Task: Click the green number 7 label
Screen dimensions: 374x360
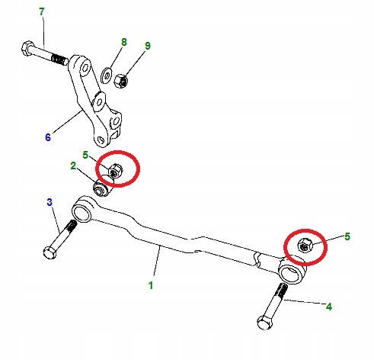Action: click(x=42, y=11)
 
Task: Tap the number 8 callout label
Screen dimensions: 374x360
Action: click(x=124, y=42)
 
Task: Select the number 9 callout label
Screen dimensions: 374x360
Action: click(x=148, y=46)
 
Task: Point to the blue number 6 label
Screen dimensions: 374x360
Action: click(x=48, y=137)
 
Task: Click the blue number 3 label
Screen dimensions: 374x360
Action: click(x=50, y=202)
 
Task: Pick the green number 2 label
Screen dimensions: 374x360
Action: click(x=73, y=166)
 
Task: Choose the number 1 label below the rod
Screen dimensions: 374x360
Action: click(x=151, y=285)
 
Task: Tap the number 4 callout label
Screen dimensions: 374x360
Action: click(x=329, y=307)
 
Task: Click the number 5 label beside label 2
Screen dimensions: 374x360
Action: click(x=85, y=155)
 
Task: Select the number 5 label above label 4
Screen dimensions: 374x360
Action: click(x=347, y=236)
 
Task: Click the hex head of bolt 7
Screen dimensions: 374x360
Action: click(x=27, y=48)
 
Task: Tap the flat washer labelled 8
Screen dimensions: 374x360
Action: click(x=106, y=76)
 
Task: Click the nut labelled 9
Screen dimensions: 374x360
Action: click(x=120, y=81)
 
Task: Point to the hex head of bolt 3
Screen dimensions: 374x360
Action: click(x=50, y=252)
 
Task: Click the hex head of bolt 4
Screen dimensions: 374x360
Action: click(x=264, y=323)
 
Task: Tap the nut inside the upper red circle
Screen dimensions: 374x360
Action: click(x=116, y=171)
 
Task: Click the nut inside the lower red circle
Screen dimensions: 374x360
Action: click(x=305, y=246)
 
